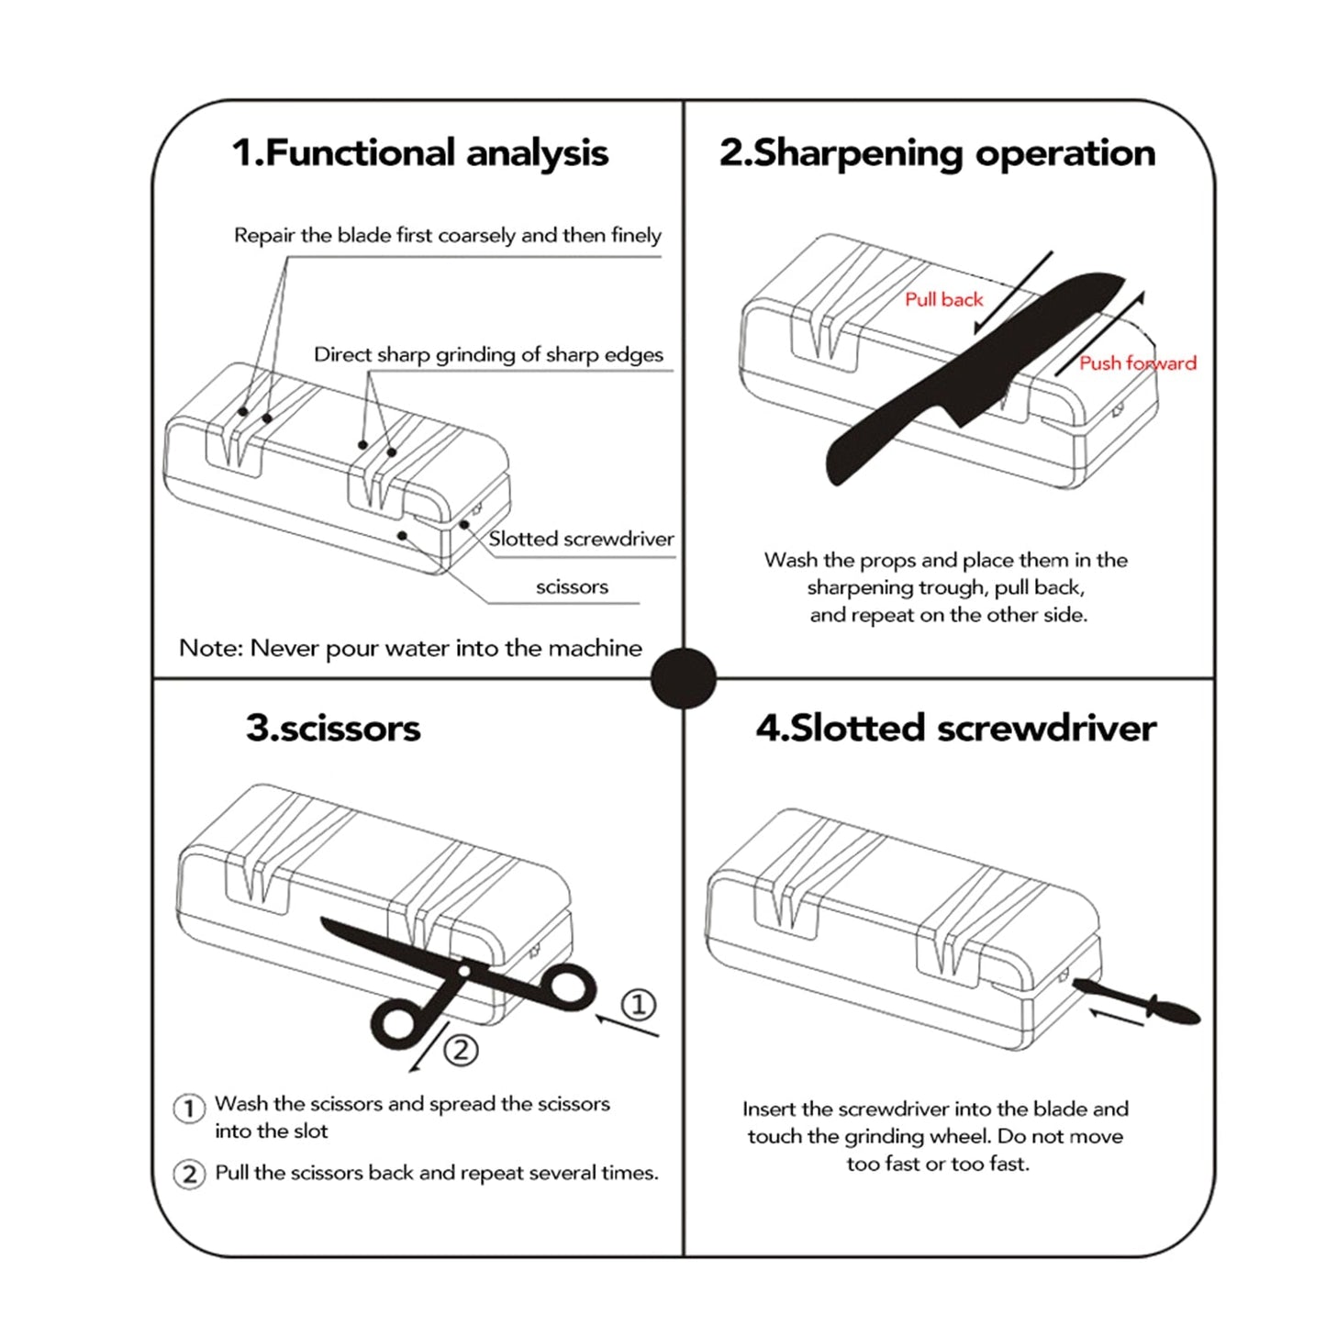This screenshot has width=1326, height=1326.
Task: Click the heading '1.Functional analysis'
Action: tap(419, 153)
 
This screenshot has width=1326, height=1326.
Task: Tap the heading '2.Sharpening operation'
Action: tap(937, 153)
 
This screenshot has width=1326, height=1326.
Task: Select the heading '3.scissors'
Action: tap(332, 728)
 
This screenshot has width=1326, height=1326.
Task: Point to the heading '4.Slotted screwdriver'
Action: tap(955, 728)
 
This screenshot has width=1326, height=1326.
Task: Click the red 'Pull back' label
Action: tap(943, 299)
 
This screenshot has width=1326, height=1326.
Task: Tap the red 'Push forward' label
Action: tap(1137, 363)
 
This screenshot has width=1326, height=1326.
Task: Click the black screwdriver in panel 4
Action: tap(1138, 999)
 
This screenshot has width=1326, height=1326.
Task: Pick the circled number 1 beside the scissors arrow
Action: tap(639, 1004)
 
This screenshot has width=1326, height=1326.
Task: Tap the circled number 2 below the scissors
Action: tap(461, 1049)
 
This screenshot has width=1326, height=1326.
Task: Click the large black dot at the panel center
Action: tap(683, 678)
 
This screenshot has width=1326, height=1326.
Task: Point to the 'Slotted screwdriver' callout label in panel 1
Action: tap(581, 539)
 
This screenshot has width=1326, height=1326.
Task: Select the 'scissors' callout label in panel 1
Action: tap(572, 586)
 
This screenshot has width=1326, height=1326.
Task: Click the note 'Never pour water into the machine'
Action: tap(410, 648)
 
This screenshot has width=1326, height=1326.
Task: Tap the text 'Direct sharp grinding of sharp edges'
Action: tap(488, 355)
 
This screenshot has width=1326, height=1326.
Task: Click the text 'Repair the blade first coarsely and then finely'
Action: tap(447, 236)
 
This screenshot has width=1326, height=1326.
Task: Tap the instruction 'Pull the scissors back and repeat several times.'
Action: tap(436, 1173)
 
